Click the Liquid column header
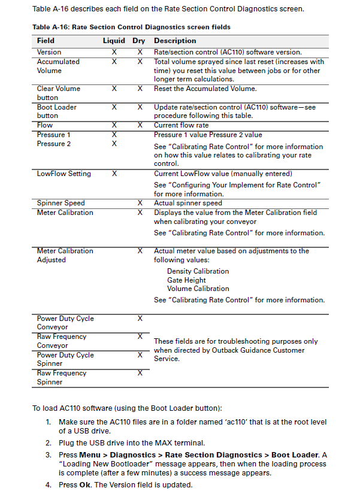(114, 41)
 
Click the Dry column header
(139, 41)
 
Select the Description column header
(175, 41)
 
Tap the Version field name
(49, 52)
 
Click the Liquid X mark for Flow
(114, 125)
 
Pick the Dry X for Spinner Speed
(140, 203)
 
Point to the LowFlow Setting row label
(63, 174)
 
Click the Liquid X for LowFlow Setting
(114, 174)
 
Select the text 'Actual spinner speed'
(187, 203)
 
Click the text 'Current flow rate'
(181, 125)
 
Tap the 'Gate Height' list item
(186, 280)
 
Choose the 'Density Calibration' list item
(198, 271)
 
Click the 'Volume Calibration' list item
(198, 289)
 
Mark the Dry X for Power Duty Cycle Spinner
(140, 355)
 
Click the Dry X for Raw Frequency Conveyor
(140, 337)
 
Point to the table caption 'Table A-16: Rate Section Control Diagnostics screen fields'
(131, 28)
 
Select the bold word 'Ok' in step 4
(84, 484)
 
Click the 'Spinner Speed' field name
(60, 203)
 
